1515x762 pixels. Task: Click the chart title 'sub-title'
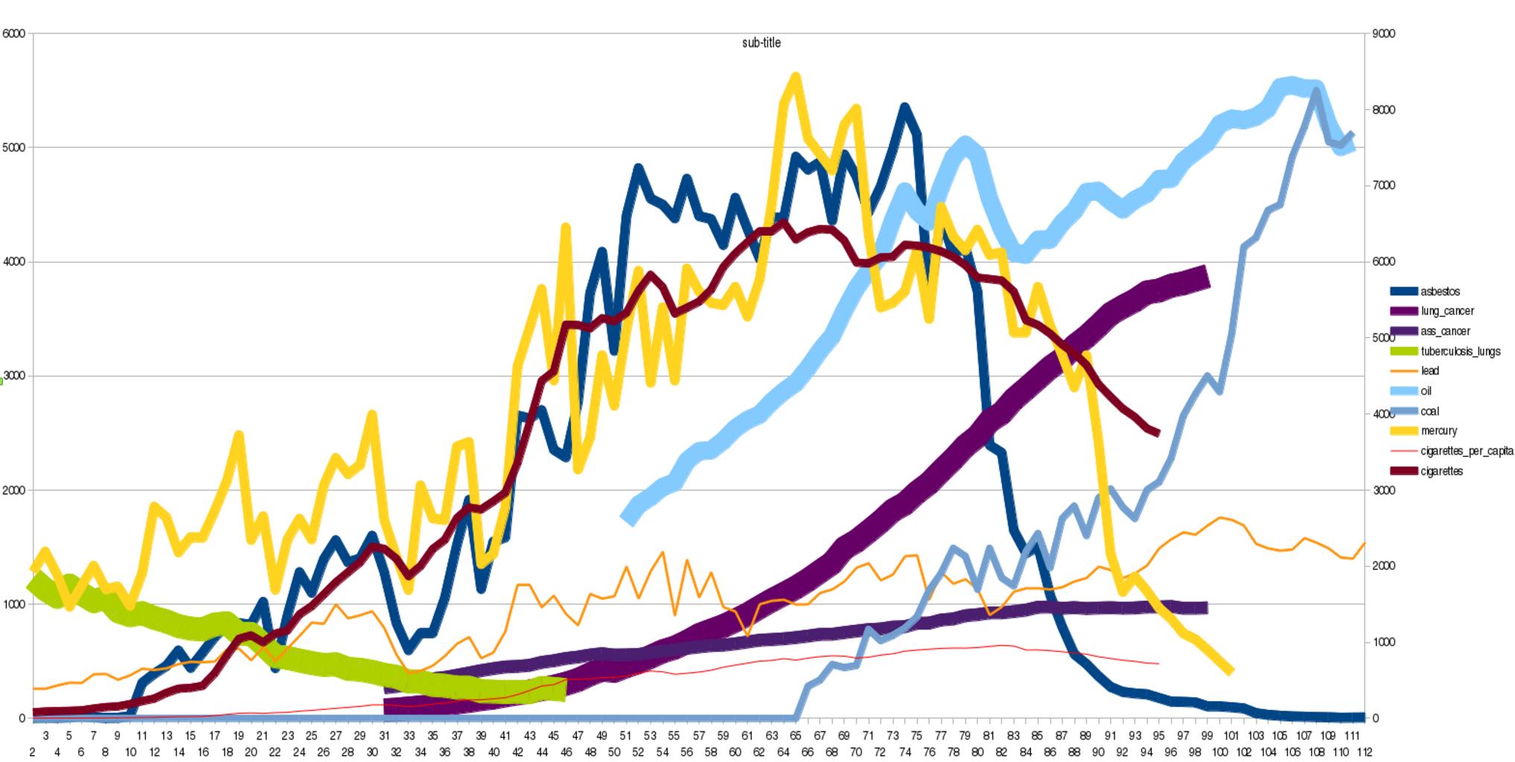(x=761, y=43)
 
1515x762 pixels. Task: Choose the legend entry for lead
(x=1429, y=371)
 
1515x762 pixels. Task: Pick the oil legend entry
(x=1426, y=391)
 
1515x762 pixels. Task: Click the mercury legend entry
(x=1438, y=431)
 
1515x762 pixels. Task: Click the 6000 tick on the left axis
(x=14, y=33)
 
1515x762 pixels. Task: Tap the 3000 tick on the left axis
(x=14, y=376)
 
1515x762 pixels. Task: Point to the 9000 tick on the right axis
(x=1384, y=33)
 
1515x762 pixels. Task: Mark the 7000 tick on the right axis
(x=1384, y=185)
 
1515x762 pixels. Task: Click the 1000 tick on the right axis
(x=1384, y=642)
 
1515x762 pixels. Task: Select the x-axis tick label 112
(x=1364, y=752)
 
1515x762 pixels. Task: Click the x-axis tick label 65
(x=796, y=736)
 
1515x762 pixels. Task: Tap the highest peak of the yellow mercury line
(x=795, y=77)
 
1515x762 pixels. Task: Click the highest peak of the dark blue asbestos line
(x=905, y=109)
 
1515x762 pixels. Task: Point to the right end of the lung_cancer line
(x=1206, y=277)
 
